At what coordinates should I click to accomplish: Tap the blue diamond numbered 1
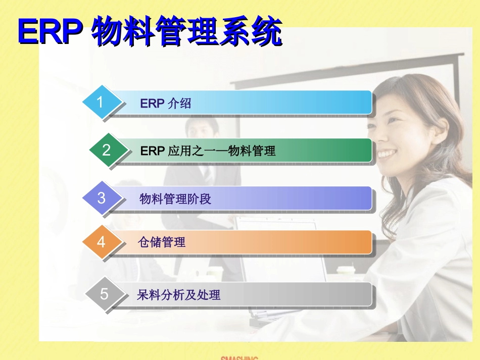tap(101, 102)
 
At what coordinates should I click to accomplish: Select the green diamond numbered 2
tap(107, 150)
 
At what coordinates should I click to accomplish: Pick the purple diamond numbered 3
tap(101, 197)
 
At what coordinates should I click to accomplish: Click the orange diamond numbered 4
tap(101, 242)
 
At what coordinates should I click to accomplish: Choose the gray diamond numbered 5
tap(104, 294)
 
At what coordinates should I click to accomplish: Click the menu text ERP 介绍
tap(165, 104)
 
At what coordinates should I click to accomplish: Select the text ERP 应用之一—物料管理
tap(208, 150)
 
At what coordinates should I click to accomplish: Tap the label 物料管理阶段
tap(175, 199)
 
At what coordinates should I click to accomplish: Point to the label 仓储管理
tap(161, 243)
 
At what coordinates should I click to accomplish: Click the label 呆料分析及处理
tap(178, 295)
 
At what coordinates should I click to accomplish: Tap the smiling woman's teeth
tap(388, 153)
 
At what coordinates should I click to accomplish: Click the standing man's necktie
tap(208, 174)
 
